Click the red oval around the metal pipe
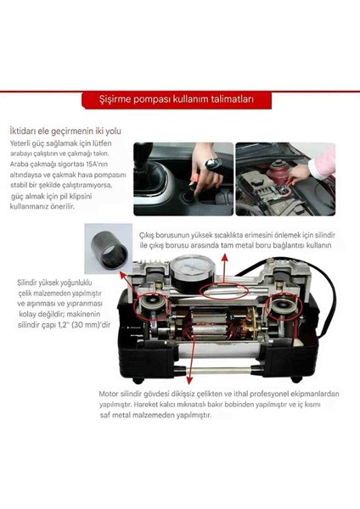pyautogui.click(x=222, y=291)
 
